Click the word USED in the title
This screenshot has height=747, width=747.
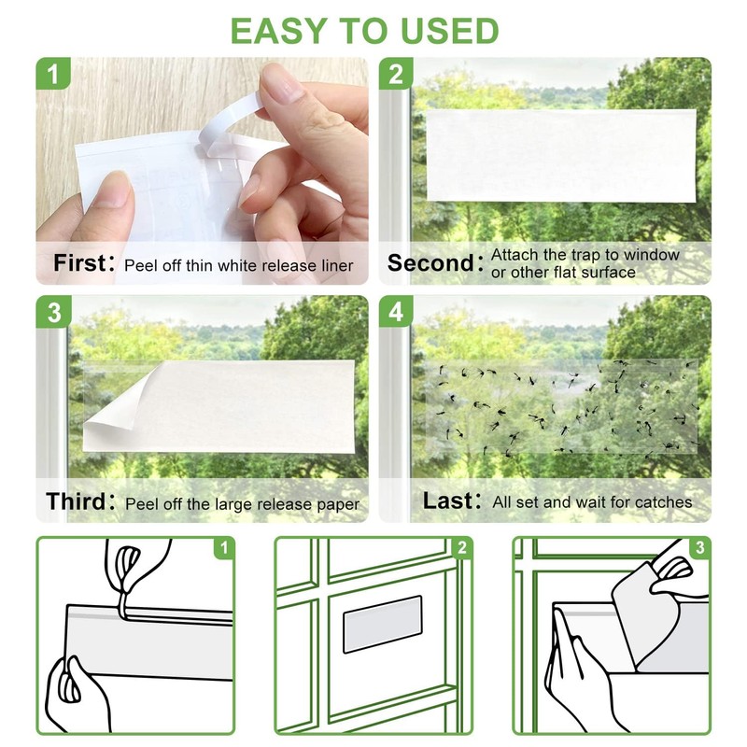click(449, 31)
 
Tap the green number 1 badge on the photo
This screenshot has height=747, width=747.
click(53, 74)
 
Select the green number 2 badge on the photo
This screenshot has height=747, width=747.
click(396, 74)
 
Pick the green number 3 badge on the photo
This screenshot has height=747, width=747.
click(53, 312)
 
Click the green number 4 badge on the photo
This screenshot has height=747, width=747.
click(396, 312)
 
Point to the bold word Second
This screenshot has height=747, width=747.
click(431, 263)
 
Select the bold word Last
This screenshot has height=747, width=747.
click(449, 501)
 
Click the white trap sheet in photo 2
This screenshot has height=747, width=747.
click(561, 155)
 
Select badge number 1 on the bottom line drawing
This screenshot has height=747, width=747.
click(224, 548)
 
